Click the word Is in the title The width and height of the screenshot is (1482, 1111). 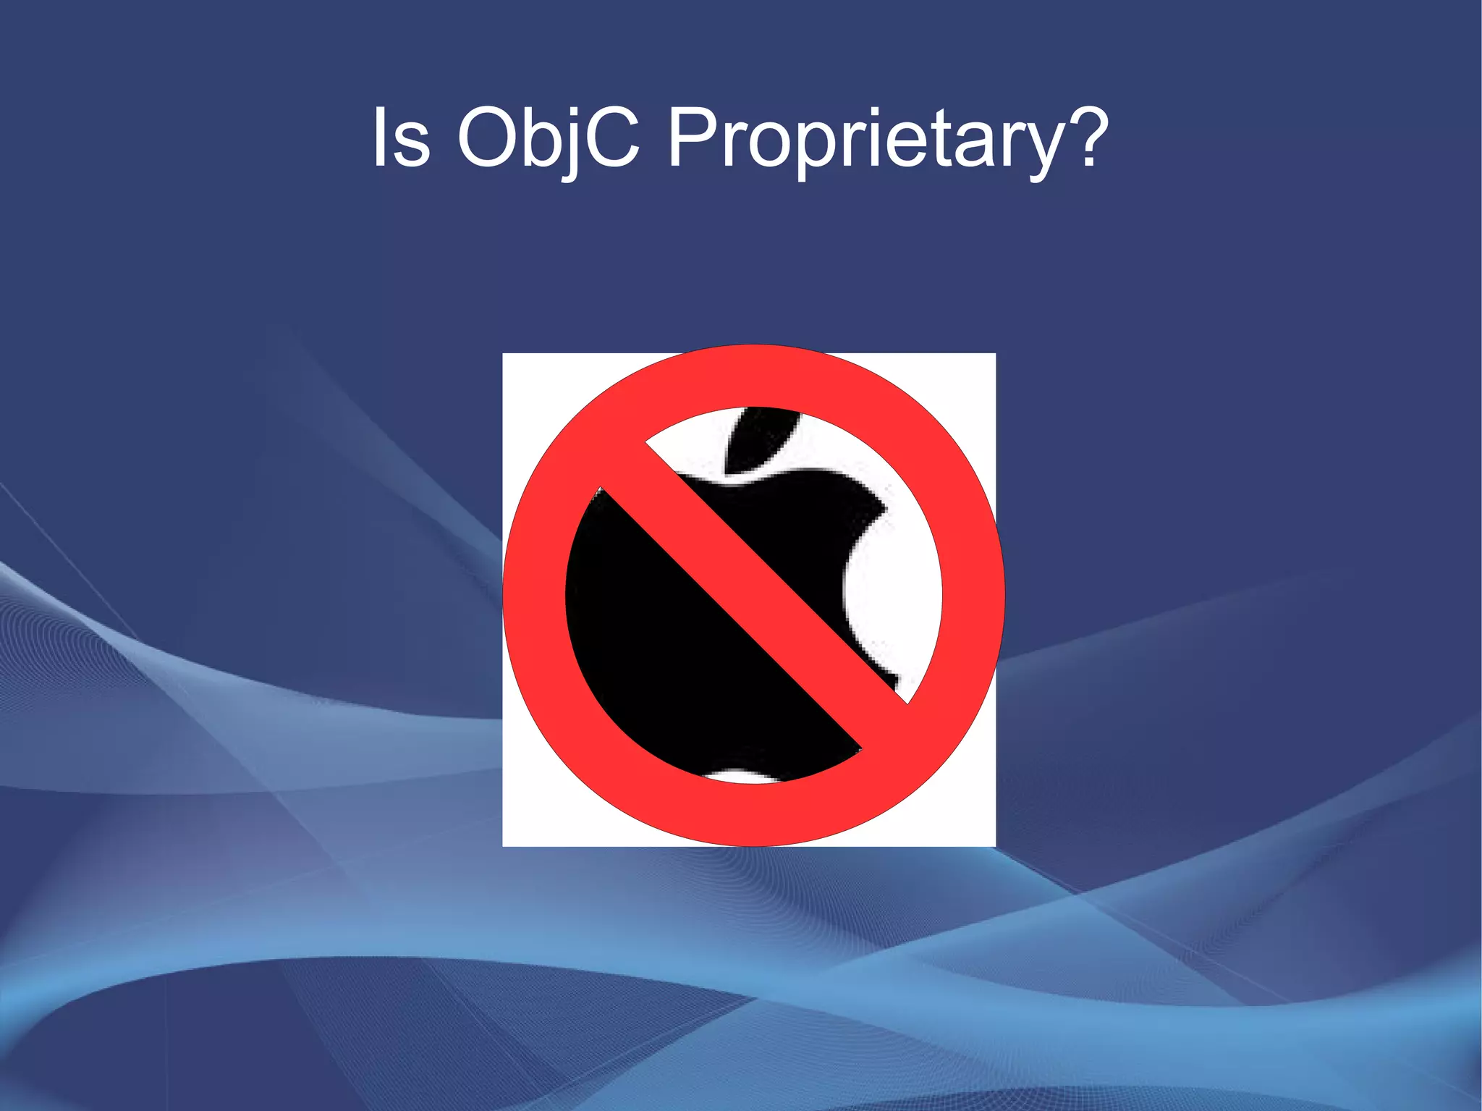(402, 138)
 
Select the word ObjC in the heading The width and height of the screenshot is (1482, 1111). (549, 138)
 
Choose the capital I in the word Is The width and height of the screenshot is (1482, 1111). (379, 137)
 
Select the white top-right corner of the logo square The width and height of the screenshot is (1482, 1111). (977, 372)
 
